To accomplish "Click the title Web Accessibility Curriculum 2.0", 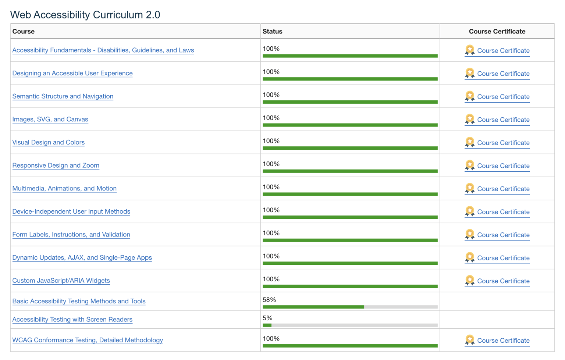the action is pyautogui.click(x=85, y=15).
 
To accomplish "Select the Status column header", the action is pyautogui.click(x=273, y=31).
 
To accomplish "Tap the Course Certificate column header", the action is pyautogui.click(x=497, y=31).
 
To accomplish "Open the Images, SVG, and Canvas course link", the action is pyautogui.click(x=50, y=119).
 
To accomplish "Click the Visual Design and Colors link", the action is pyautogui.click(x=49, y=142).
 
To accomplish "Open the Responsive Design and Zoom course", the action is pyautogui.click(x=56, y=165).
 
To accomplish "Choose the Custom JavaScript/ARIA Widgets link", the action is pyautogui.click(x=61, y=281).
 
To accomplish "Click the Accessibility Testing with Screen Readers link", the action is pyautogui.click(x=72, y=320).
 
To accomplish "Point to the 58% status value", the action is pyautogui.click(x=269, y=300).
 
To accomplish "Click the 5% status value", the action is pyautogui.click(x=267, y=318).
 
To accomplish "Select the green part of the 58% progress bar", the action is pyautogui.click(x=313, y=307).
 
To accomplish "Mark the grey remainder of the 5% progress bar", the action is pyautogui.click(x=354, y=325).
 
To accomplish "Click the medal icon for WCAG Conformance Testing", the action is pyautogui.click(x=470, y=340).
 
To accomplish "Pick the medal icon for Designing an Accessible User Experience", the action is pyautogui.click(x=470, y=73).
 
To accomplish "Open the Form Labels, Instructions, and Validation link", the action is pyautogui.click(x=71, y=235).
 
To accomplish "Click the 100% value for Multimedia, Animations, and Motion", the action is pyautogui.click(x=271, y=187).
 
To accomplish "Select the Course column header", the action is pyautogui.click(x=24, y=31).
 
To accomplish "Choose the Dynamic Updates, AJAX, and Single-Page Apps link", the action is pyautogui.click(x=82, y=257).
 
